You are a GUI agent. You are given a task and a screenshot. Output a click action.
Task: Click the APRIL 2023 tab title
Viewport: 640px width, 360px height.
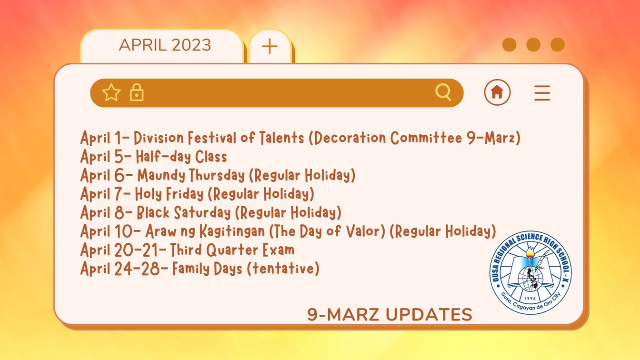tap(165, 45)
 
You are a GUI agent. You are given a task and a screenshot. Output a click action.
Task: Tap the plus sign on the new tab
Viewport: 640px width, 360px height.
tap(270, 46)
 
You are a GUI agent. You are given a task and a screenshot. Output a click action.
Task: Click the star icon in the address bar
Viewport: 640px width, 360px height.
tap(111, 92)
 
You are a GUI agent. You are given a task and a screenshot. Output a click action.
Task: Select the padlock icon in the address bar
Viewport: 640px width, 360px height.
tap(137, 92)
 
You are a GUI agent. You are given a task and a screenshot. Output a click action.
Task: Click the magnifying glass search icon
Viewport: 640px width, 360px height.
tap(443, 92)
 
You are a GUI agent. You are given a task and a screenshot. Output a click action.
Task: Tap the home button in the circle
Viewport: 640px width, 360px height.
tap(497, 92)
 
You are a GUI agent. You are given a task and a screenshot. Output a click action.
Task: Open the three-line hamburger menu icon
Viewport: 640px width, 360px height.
tap(542, 93)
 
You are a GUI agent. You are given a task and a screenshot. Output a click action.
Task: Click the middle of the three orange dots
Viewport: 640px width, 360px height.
tap(533, 45)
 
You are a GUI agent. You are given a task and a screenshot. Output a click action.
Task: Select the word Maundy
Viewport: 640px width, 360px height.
tap(161, 175)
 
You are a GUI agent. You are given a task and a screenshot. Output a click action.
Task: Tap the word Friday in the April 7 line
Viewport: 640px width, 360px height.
tap(185, 194)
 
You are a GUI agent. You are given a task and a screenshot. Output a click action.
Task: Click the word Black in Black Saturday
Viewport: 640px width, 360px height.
tap(153, 212)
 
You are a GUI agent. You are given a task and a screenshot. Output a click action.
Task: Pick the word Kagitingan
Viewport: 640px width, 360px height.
tap(232, 231)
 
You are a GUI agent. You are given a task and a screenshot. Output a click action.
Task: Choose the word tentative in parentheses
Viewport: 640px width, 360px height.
tap(283, 269)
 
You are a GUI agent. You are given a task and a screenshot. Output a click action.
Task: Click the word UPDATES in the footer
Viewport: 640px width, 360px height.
tap(429, 315)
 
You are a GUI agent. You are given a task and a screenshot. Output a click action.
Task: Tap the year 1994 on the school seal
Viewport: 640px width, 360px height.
tap(530, 298)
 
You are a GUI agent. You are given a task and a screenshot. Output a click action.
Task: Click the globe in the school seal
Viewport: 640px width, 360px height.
tap(530, 279)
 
